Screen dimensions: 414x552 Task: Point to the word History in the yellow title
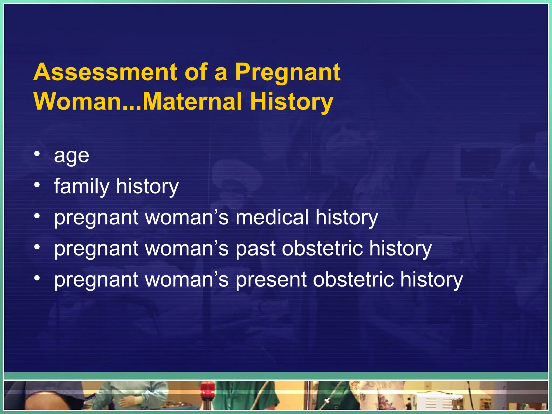pyautogui.click(x=292, y=102)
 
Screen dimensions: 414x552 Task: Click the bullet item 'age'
pyautogui.click(x=71, y=156)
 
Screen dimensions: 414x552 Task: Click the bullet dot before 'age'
pyautogui.click(x=37, y=154)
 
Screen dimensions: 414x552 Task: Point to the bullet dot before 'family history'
pyautogui.click(x=37, y=185)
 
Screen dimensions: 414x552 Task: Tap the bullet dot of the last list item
pyautogui.click(x=37, y=278)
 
